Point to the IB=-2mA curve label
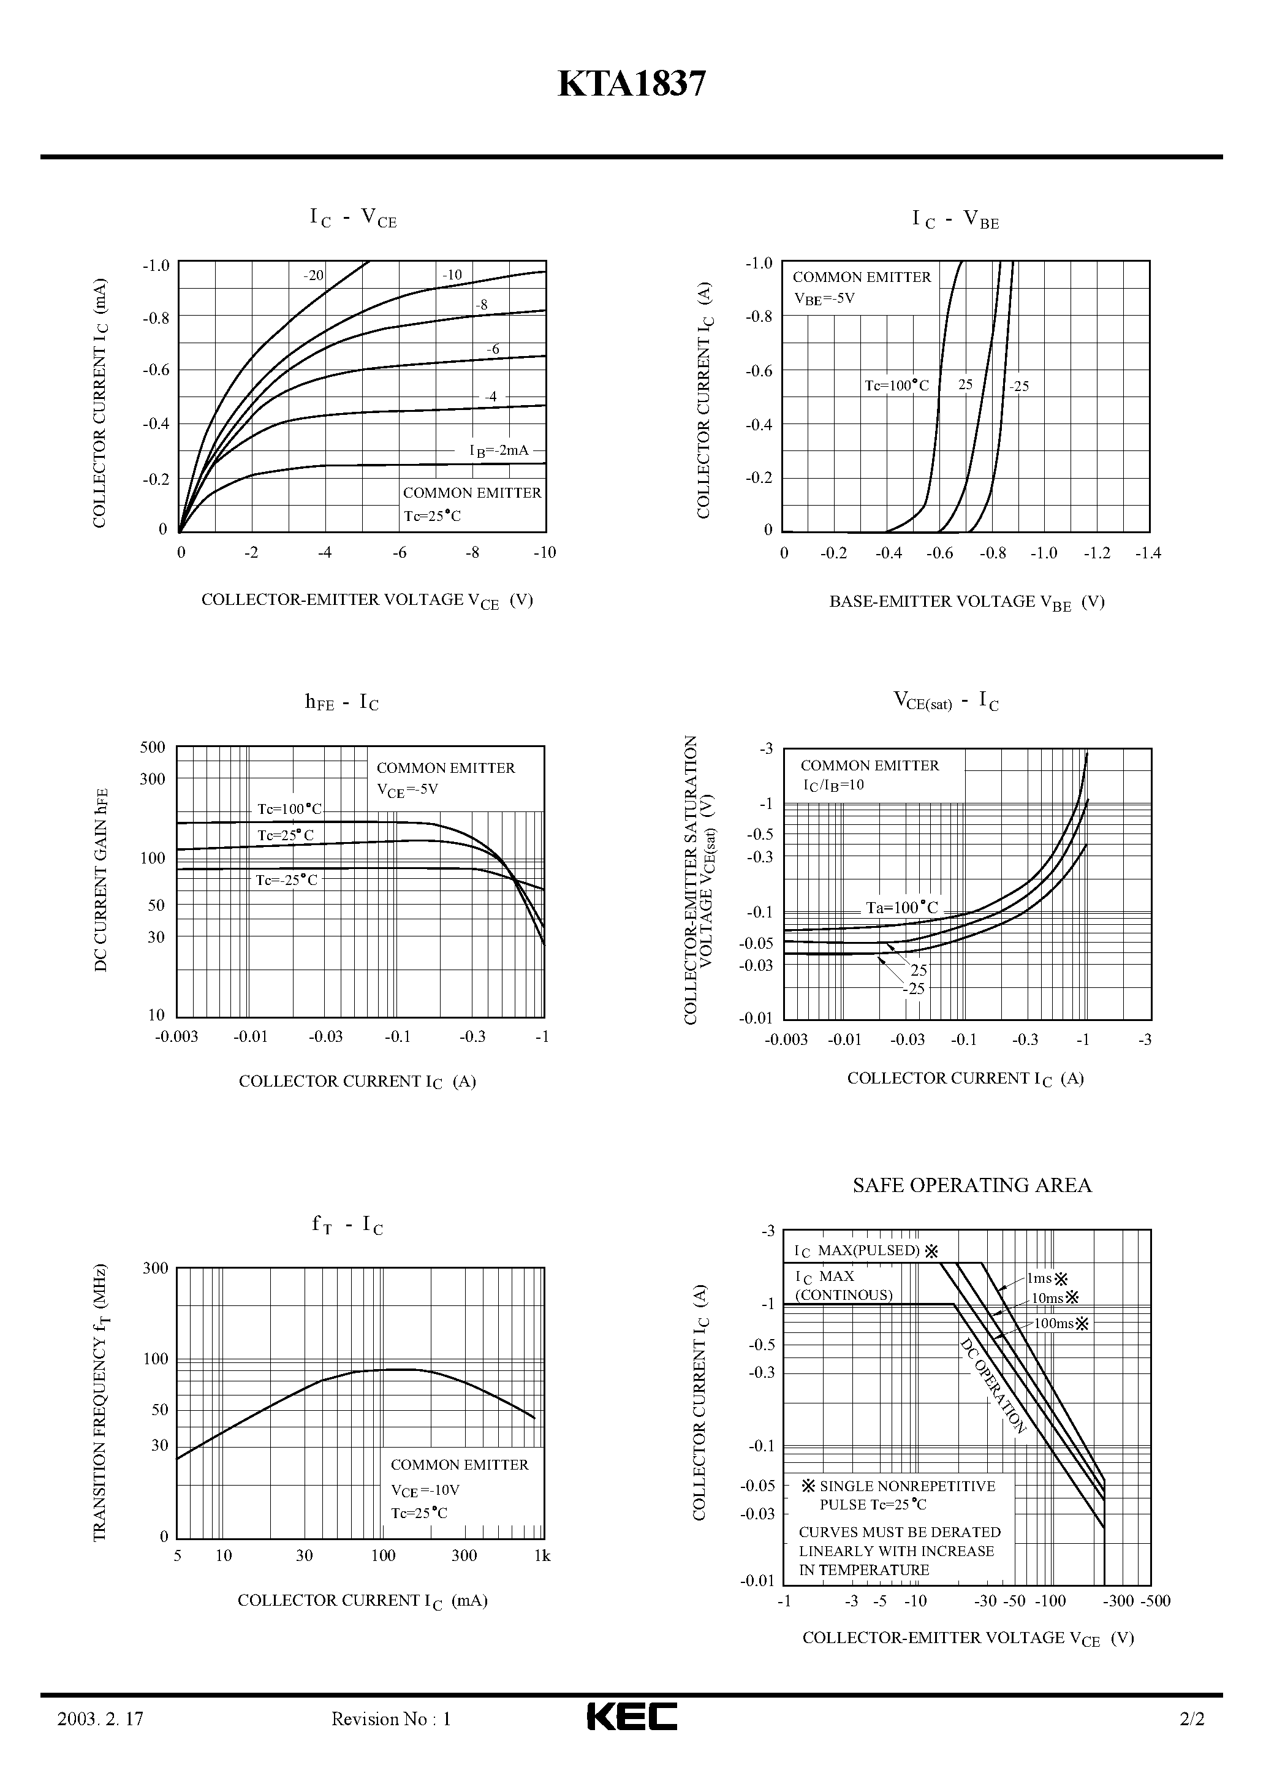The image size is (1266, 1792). [x=499, y=450]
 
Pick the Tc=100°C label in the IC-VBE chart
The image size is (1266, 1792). [x=897, y=385]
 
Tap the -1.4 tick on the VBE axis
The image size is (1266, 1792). [x=1147, y=553]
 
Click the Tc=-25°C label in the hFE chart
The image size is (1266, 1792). [x=286, y=881]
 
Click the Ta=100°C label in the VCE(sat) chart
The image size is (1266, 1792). [x=901, y=908]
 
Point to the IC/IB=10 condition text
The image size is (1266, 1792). [x=833, y=785]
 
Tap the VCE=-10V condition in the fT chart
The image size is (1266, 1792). [x=425, y=1490]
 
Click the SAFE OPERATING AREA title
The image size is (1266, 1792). [x=972, y=1185]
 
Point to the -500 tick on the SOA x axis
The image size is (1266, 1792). [x=1155, y=1601]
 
